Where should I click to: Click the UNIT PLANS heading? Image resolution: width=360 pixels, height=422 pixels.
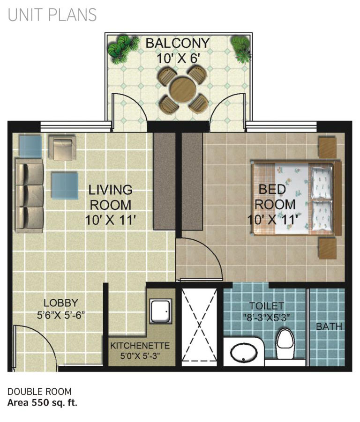point(52,15)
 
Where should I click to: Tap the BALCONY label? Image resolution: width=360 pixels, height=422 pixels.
point(178,44)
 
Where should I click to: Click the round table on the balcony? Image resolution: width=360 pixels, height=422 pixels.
point(183,89)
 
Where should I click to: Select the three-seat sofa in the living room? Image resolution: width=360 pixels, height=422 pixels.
point(29,196)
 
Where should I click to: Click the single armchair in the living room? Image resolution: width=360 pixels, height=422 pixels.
point(62,148)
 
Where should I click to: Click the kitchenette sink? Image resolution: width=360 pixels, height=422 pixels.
point(161,311)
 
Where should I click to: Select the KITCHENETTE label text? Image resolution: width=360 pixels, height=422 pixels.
point(140,346)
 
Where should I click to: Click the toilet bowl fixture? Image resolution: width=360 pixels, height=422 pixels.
point(285,344)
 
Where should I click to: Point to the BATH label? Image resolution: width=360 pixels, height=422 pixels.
point(329,326)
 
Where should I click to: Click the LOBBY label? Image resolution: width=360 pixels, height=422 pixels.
point(61,303)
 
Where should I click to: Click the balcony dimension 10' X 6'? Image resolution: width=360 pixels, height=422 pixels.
point(178,59)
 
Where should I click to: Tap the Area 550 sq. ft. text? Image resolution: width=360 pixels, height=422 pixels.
point(42,403)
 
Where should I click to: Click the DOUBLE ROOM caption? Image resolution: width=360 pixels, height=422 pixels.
point(39,391)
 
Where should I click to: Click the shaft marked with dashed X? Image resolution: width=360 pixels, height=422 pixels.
point(199,325)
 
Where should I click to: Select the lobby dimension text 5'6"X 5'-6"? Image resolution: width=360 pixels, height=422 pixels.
point(61,315)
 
